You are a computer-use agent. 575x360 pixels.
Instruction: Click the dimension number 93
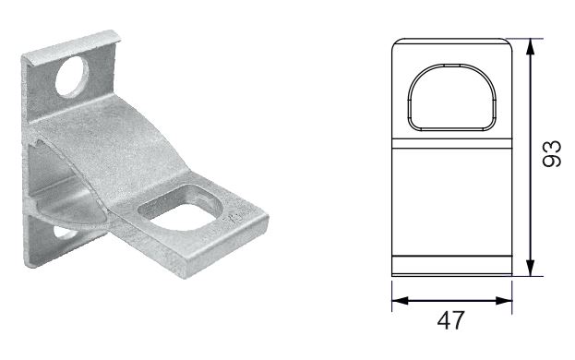click(552, 154)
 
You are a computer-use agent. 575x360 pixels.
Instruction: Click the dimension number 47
click(450, 320)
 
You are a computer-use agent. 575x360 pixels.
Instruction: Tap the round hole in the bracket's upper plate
click(71, 77)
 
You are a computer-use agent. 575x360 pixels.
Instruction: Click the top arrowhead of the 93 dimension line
click(530, 47)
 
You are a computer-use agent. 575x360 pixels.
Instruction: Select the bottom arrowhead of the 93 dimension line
click(530, 268)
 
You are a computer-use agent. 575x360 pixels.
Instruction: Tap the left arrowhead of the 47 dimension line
click(400, 301)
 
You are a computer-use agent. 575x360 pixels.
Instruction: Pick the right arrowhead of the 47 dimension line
click(504, 301)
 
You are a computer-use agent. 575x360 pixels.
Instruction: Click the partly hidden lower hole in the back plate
click(65, 233)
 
